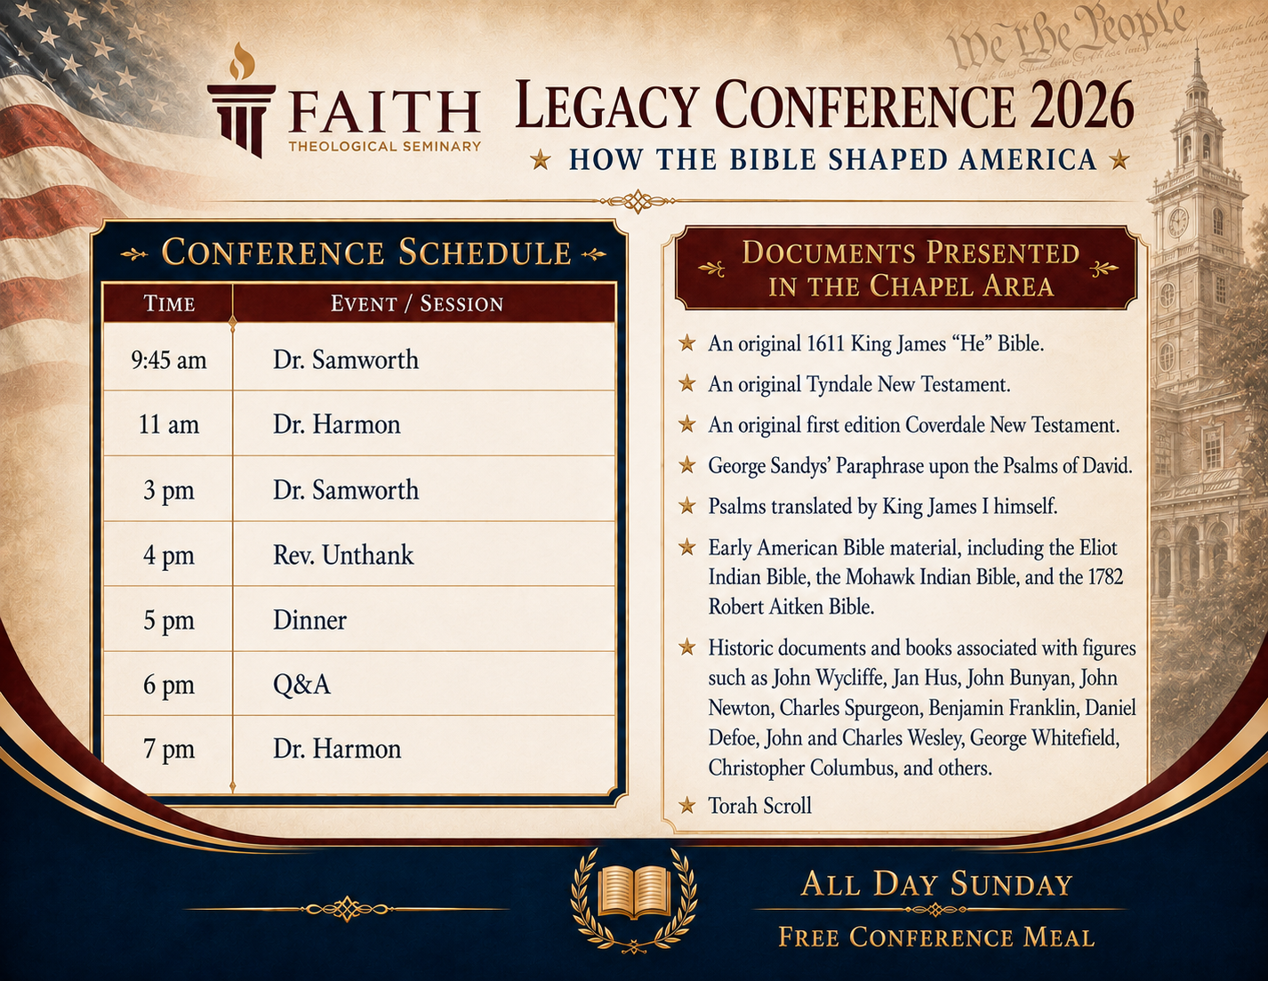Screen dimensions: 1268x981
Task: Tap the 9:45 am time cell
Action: [169, 360]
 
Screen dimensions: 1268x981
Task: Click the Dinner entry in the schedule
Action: [309, 620]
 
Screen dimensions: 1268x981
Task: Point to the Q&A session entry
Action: [301, 684]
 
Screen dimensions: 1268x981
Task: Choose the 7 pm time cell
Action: [169, 750]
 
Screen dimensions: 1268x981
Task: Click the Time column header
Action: [169, 303]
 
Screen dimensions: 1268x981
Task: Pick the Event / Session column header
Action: [417, 303]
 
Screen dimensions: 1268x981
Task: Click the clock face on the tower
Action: [1177, 221]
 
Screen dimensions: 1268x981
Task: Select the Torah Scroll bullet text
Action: [759, 806]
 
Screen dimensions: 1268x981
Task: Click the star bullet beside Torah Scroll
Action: [686, 806]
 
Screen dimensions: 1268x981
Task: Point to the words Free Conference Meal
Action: [936, 937]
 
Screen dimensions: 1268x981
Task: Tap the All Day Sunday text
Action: [936, 883]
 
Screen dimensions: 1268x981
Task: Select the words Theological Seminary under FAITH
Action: [384, 147]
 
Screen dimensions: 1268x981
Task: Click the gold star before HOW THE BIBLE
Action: [541, 159]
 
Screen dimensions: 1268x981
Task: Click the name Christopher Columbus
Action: [801, 768]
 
